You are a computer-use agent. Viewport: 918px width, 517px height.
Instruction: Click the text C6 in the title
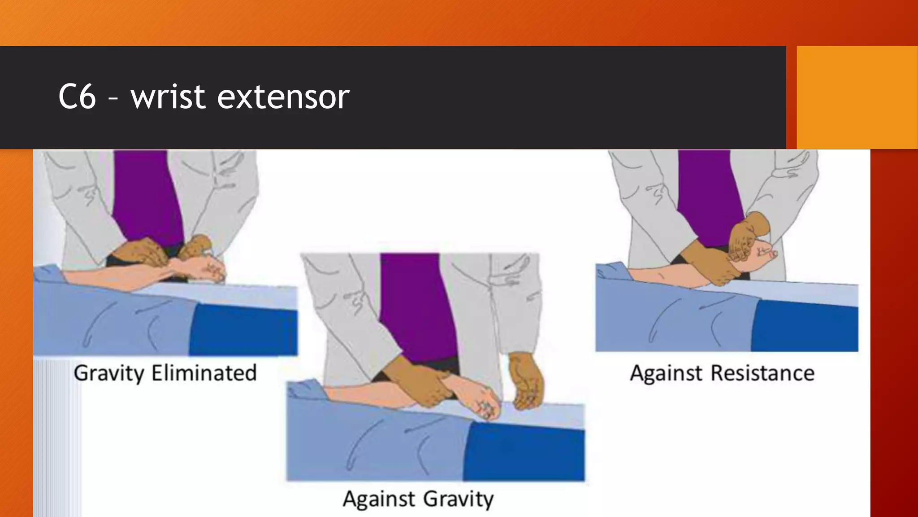77,97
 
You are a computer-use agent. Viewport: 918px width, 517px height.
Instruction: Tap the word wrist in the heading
168,97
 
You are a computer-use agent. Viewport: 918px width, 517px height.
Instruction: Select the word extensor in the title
283,97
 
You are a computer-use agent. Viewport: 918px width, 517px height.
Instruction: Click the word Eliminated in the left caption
204,373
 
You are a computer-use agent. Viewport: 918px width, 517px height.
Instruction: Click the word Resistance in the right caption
762,373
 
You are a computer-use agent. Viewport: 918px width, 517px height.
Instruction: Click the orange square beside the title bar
857,97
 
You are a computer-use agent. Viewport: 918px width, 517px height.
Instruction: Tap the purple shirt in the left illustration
146,197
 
